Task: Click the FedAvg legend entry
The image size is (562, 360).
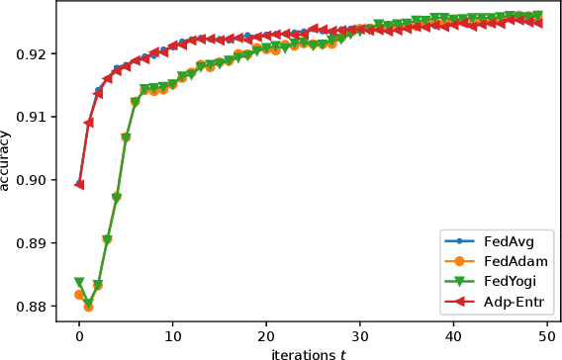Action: point(506,240)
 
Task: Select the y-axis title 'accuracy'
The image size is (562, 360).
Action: point(8,164)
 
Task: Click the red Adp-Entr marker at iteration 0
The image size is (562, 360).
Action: point(79,184)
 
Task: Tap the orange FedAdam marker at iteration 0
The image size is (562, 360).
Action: point(79,295)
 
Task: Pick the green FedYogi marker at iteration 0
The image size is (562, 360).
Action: point(79,283)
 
